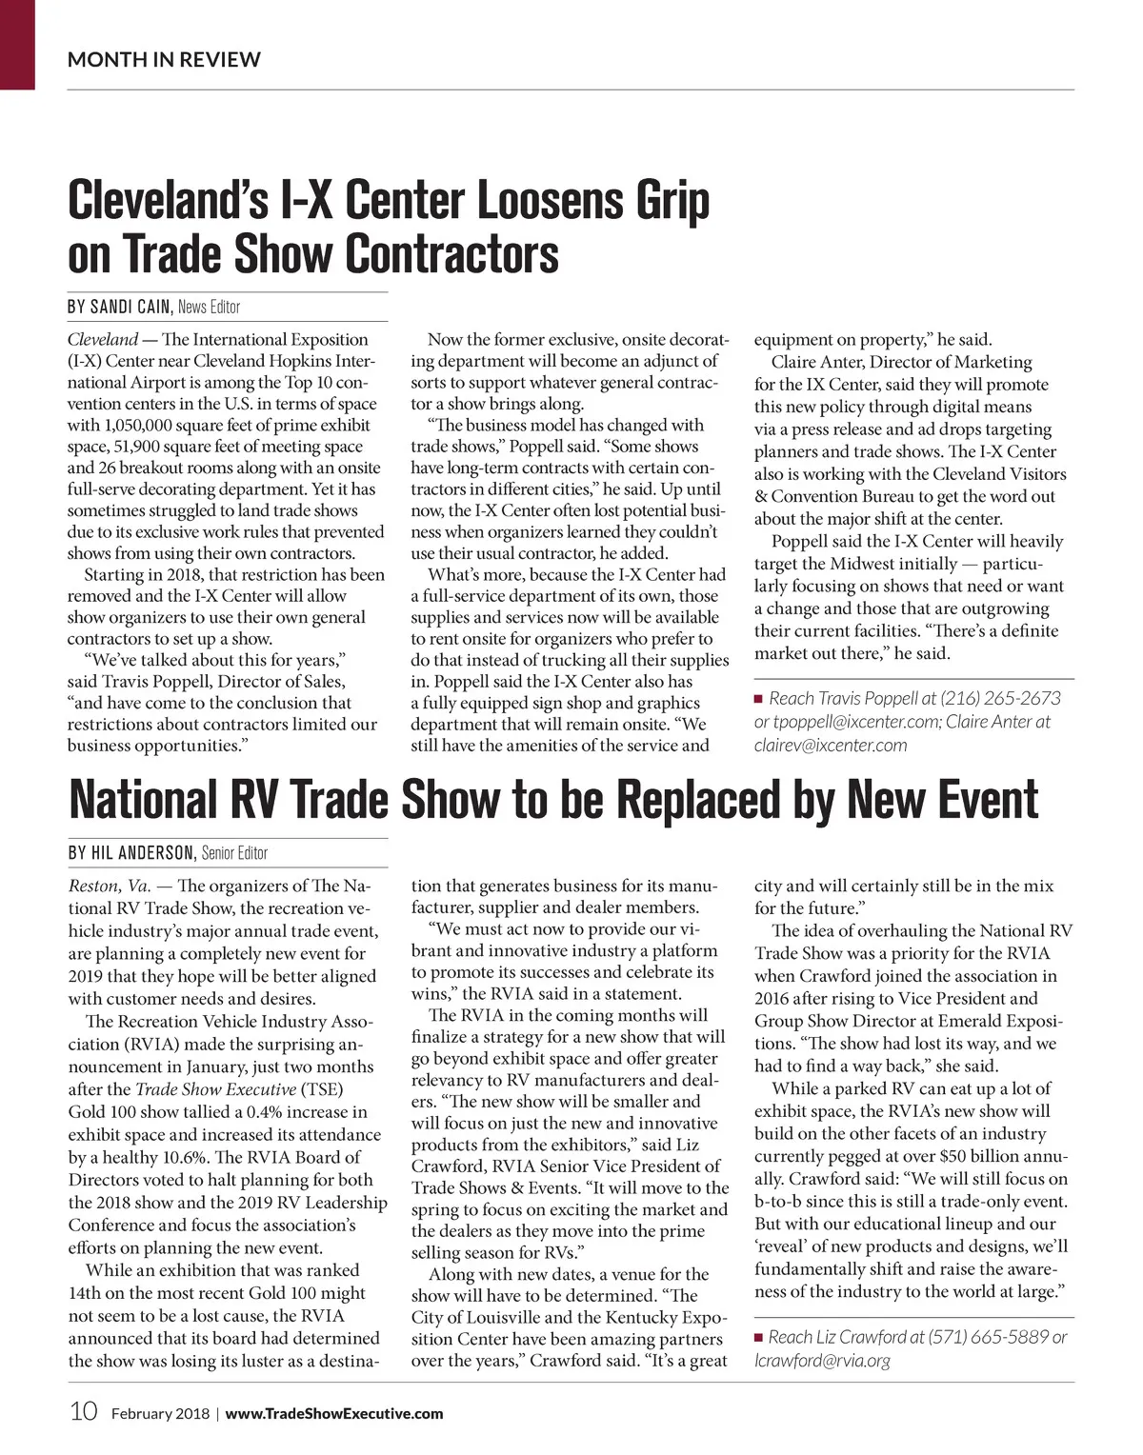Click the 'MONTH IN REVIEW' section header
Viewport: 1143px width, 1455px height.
(x=164, y=60)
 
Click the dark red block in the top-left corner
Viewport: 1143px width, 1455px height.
(x=17, y=45)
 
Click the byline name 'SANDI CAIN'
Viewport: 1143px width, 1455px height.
(x=130, y=308)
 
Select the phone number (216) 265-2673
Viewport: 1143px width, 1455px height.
(x=1000, y=698)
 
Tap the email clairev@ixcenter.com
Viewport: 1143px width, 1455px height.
(x=831, y=746)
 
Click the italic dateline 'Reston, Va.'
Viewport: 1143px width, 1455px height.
(x=109, y=887)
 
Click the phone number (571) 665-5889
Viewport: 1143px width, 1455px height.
(x=987, y=1337)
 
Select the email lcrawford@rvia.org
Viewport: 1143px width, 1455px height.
(x=822, y=1361)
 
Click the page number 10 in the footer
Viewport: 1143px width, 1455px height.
(x=83, y=1412)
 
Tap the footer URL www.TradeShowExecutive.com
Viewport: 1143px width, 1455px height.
(x=334, y=1414)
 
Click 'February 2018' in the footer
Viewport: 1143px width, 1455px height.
(x=159, y=1414)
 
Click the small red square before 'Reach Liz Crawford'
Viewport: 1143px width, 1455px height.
(x=759, y=1338)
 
